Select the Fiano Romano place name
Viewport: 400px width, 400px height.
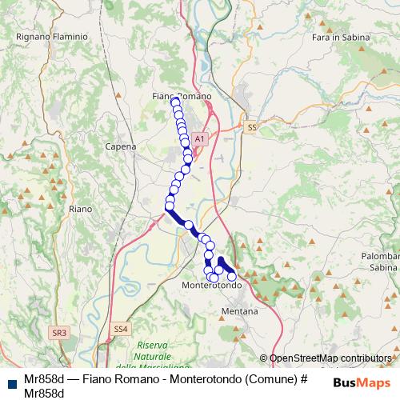coord(182,96)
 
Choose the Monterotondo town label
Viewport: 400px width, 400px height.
coord(212,285)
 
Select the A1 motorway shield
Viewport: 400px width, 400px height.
coord(200,138)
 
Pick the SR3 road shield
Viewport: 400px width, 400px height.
coord(58,331)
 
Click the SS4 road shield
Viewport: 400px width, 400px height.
coord(120,328)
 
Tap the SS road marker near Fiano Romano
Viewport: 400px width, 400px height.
coord(253,127)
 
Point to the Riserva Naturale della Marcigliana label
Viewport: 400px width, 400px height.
coord(152,355)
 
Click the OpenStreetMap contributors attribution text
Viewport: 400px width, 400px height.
coord(330,358)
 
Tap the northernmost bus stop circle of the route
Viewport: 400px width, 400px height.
coord(175,102)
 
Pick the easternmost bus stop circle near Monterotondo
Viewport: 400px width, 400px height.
coord(232,276)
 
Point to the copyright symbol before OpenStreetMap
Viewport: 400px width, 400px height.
coord(264,358)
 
